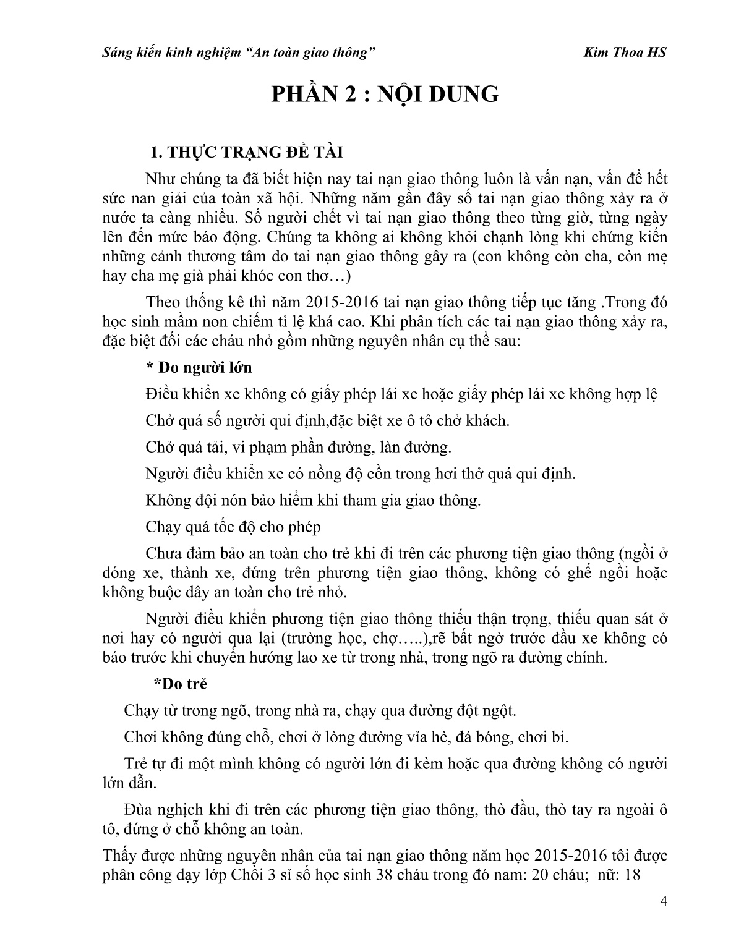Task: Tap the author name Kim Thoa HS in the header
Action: tap(625, 53)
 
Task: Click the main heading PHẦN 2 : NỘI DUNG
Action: tap(386, 94)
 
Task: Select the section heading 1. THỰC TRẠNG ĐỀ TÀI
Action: tap(247, 153)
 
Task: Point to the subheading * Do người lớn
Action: tap(199, 367)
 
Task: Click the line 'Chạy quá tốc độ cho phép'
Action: tap(234, 527)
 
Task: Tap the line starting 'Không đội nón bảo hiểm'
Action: tap(313, 500)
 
